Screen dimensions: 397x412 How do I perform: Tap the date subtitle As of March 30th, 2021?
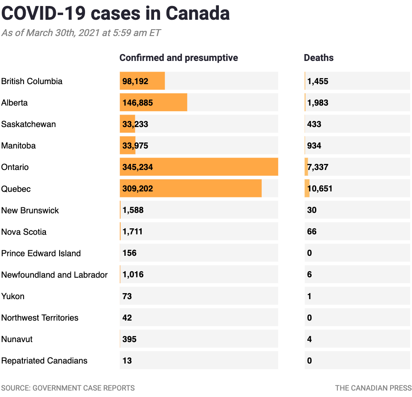click(81, 33)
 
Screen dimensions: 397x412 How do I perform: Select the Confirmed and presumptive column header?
click(179, 58)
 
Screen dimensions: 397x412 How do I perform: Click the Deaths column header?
click(318, 58)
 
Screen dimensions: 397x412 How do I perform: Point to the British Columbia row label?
click(32, 81)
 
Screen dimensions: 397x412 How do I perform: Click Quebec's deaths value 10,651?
click(320, 189)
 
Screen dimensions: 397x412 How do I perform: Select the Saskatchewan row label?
click(28, 124)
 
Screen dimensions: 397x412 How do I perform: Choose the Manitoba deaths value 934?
click(314, 146)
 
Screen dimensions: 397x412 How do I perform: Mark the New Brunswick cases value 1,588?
click(133, 210)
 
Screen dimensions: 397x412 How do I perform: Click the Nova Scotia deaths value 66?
click(312, 232)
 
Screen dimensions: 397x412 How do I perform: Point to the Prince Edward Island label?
click(41, 253)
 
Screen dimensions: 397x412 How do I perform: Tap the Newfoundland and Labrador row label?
click(55, 275)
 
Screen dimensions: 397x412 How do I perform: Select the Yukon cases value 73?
click(127, 296)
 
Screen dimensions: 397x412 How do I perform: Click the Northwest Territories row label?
click(40, 318)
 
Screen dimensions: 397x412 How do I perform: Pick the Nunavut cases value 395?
click(129, 339)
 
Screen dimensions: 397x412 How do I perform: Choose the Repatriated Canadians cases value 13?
click(127, 361)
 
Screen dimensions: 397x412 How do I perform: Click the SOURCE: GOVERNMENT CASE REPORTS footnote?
click(68, 388)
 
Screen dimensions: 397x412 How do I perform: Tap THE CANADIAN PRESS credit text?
click(373, 388)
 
